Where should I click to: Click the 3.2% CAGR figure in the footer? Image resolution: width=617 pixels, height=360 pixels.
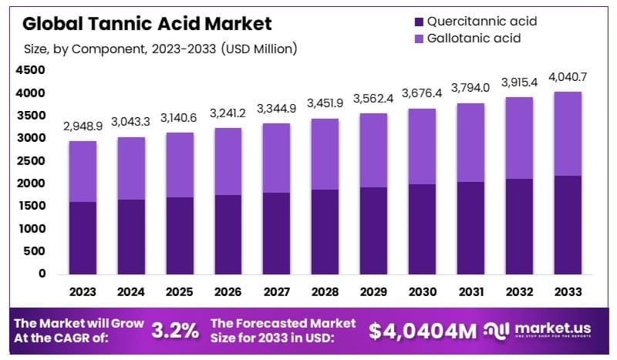coord(174,331)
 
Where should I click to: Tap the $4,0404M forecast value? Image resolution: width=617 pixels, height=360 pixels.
coord(422,331)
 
